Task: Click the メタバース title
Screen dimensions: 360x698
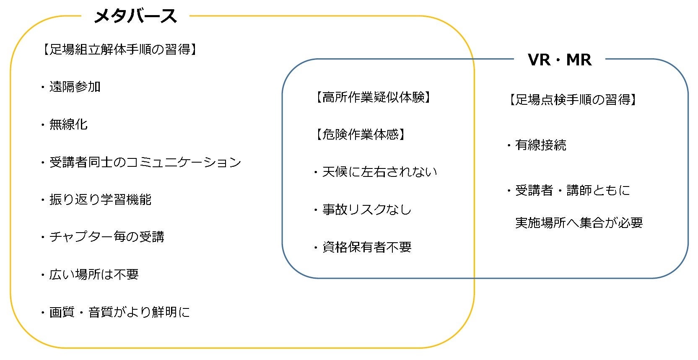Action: (135, 16)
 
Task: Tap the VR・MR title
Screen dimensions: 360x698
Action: (560, 60)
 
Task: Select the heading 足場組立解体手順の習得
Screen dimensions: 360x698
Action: (120, 49)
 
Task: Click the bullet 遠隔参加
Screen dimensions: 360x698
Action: (75, 87)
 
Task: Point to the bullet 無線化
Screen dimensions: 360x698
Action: (68, 124)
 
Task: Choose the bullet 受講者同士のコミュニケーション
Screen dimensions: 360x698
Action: (145, 162)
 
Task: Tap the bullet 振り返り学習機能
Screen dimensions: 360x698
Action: (100, 199)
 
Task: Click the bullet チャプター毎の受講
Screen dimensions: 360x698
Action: (106, 237)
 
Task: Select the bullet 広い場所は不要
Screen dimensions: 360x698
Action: (94, 275)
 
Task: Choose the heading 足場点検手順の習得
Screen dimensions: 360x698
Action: (573, 100)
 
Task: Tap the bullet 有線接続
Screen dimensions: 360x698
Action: (540, 145)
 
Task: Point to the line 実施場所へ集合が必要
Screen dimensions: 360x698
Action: (579, 223)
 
